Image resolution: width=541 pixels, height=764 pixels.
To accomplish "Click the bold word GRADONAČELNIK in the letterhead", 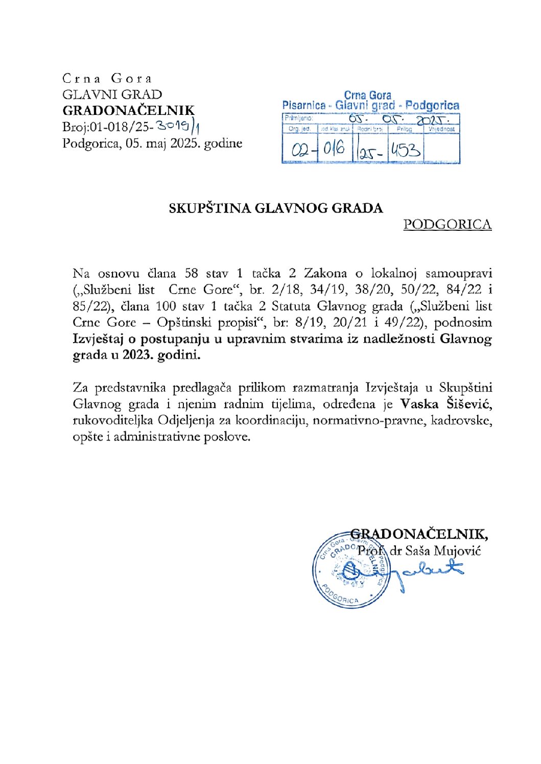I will point(128,110).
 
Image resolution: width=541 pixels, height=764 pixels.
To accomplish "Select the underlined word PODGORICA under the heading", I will point(447,224).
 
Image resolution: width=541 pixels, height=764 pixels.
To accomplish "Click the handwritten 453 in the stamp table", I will point(406,150).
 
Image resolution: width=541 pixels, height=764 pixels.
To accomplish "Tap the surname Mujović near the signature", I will point(457,551).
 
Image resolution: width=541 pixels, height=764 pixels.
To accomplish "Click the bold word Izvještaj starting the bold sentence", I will point(104,339).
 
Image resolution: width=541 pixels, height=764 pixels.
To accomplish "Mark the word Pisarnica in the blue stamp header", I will point(304,106).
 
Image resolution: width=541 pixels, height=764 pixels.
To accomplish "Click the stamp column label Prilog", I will point(404,129).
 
